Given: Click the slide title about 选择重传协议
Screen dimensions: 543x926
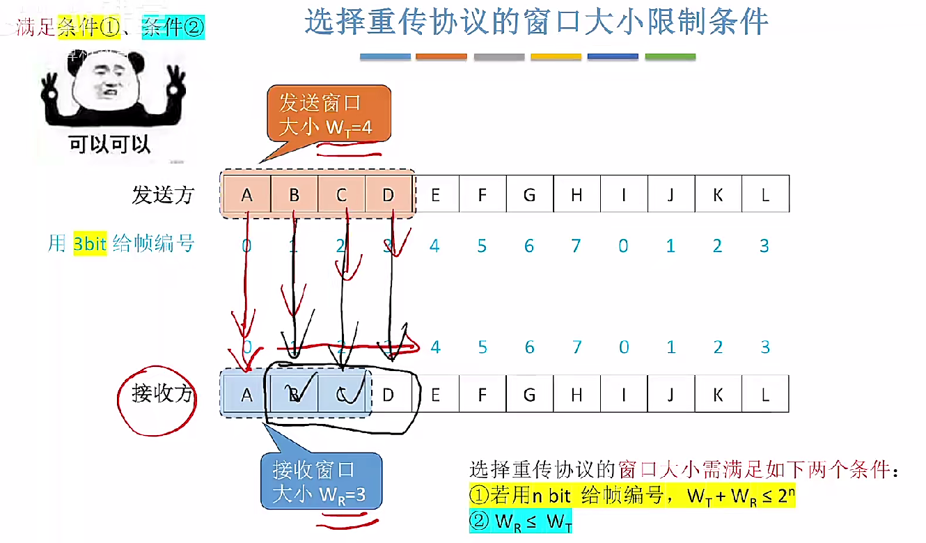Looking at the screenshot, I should (537, 22).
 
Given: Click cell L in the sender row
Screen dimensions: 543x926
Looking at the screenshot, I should (765, 194).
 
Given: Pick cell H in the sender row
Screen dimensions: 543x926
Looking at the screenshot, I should (576, 194).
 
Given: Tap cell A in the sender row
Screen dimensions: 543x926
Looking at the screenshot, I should (246, 194).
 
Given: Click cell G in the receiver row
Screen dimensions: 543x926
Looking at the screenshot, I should (529, 395).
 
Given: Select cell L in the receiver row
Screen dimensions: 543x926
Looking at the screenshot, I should (765, 395).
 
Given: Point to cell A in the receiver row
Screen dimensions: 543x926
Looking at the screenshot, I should (246, 395).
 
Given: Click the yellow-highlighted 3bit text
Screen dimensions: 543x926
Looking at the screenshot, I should (90, 244).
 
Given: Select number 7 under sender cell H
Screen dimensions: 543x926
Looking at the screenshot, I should (576, 246).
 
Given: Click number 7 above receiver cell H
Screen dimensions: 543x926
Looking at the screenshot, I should (576, 347).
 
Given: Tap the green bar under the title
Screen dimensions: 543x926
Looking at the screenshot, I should (670, 56).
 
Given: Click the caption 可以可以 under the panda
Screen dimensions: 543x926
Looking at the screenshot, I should (110, 144).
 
